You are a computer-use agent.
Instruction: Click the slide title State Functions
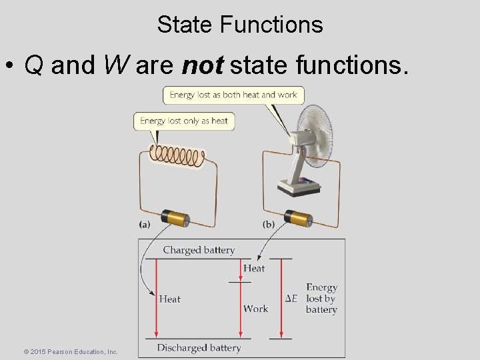(240, 25)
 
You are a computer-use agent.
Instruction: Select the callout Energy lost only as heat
(184, 121)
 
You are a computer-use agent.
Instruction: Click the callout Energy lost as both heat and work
(233, 95)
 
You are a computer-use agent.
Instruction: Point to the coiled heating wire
(177, 155)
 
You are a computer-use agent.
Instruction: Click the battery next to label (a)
(177, 218)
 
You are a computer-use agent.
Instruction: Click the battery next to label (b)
(299, 218)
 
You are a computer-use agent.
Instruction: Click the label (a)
(145, 225)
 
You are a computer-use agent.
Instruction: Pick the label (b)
(269, 225)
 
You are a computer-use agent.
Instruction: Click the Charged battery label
(199, 250)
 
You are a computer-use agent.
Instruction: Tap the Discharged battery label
(199, 347)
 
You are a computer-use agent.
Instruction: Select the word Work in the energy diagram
(255, 309)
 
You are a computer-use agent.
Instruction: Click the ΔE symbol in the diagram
(291, 299)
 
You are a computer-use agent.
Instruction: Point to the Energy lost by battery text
(321, 299)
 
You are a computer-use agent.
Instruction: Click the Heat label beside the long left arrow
(169, 299)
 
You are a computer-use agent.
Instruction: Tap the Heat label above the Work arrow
(253, 268)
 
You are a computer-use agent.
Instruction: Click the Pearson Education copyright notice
(70, 351)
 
